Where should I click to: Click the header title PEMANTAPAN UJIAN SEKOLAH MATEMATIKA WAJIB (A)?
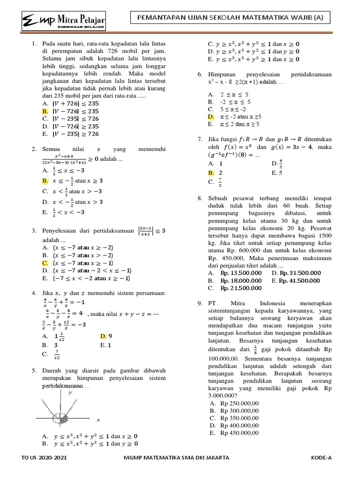230,18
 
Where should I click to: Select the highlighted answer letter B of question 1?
45,112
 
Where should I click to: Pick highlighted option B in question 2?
45,180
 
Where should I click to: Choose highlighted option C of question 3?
45,263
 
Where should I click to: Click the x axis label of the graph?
98,420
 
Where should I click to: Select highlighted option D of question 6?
211,116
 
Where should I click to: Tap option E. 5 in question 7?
277,173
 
